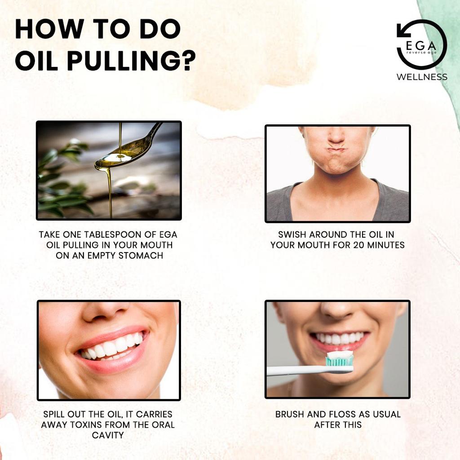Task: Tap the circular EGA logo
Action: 421,44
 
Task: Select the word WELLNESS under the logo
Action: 421,77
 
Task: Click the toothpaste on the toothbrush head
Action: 340,356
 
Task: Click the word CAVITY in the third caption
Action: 108,435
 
